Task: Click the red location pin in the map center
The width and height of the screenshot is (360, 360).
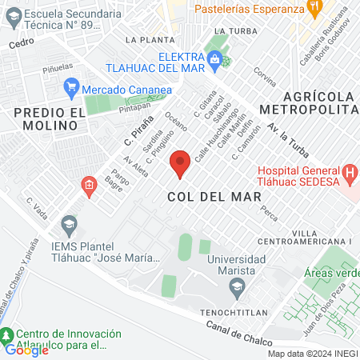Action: click(x=180, y=162)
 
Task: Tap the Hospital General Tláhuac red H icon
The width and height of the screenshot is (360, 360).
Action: click(x=349, y=173)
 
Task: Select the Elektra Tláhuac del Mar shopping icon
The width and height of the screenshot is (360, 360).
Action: click(x=214, y=59)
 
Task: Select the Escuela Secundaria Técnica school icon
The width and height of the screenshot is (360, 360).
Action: click(x=11, y=15)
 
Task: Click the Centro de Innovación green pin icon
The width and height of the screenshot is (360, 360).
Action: click(x=6, y=334)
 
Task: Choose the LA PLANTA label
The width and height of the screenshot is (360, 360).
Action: click(x=149, y=38)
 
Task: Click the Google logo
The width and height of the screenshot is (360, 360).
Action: click(x=26, y=349)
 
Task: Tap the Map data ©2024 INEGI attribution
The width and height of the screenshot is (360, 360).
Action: click(x=312, y=354)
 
